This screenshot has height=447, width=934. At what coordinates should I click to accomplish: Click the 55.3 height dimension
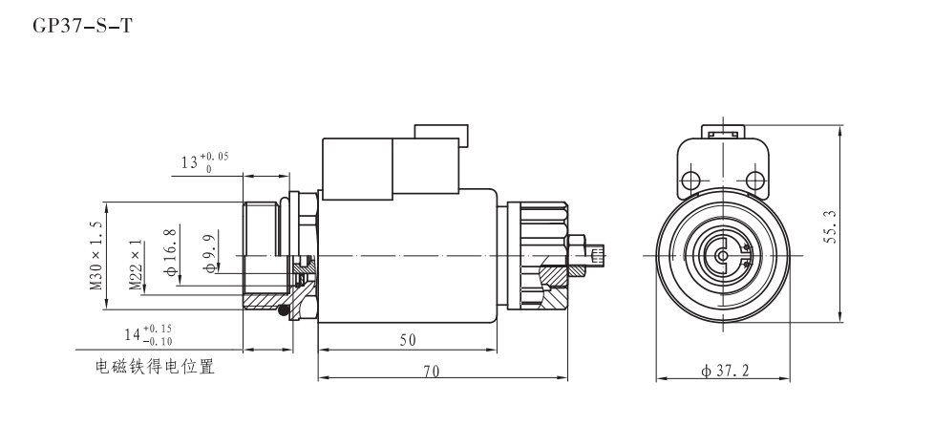click(831, 226)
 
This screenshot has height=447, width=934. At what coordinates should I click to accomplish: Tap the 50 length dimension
click(407, 340)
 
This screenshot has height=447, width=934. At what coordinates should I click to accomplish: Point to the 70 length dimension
click(431, 371)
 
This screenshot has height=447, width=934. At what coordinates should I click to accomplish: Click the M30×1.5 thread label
click(96, 255)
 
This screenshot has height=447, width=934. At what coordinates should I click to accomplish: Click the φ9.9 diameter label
click(208, 254)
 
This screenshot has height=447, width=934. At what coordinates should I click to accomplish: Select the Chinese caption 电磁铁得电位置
click(154, 367)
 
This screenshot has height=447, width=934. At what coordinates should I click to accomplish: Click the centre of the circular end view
click(723, 255)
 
